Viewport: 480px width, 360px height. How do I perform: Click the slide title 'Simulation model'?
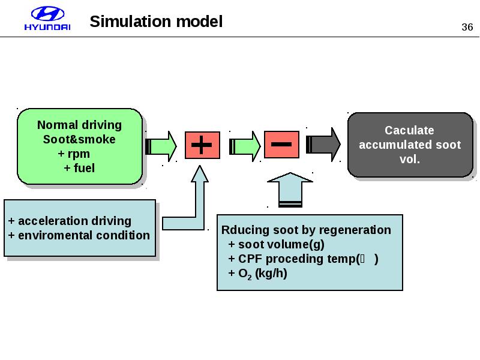click(156, 22)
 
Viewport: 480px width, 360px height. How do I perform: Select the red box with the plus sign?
click(202, 146)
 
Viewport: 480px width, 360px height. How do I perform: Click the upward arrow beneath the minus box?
click(290, 188)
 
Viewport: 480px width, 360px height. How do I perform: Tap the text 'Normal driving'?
click(79, 125)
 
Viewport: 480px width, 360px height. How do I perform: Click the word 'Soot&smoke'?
click(79, 140)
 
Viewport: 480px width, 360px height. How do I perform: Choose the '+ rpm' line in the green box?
click(74, 154)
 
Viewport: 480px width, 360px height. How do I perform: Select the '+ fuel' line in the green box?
click(79, 168)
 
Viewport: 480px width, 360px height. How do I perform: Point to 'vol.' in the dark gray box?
click(410, 160)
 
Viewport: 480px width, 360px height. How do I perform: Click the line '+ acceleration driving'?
click(70, 221)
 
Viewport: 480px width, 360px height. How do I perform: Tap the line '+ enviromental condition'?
click(79, 235)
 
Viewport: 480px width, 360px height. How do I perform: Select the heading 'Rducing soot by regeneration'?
click(306, 230)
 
